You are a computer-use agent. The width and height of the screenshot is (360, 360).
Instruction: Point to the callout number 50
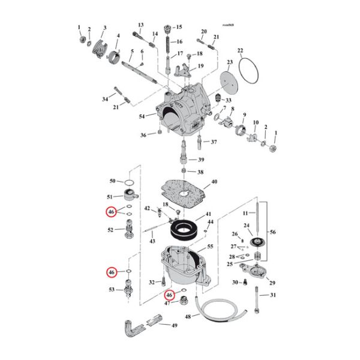point(112,181)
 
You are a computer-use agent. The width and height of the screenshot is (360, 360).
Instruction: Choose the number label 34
point(105,98)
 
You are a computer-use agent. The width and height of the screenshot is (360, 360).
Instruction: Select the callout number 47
point(169,304)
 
